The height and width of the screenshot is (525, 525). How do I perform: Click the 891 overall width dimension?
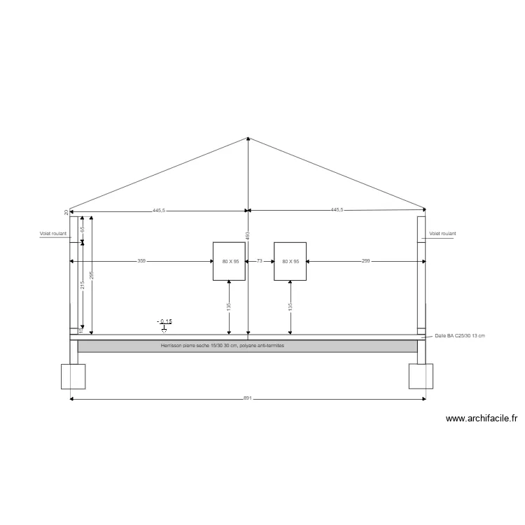click(247, 398)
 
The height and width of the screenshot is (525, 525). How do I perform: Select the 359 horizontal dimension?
click(141, 261)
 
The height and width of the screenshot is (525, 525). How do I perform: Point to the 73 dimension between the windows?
click(260, 261)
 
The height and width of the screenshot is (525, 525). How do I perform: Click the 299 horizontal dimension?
click(366, 261)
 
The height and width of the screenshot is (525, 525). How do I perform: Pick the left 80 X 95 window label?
click(230, 261)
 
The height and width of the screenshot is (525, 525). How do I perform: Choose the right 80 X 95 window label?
click(290, 261)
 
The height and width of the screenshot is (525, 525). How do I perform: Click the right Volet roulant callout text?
click(442, 234)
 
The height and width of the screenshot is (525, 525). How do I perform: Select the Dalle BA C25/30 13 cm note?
click(460, 336)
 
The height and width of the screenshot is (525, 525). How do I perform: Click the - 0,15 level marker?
click(164, 322)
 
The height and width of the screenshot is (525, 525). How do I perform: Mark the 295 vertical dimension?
click(92, 275)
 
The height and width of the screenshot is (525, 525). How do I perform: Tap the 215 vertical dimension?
click(83, 285)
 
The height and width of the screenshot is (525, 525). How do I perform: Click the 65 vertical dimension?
click(83, 229)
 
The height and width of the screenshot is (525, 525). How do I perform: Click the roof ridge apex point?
click(247, 137)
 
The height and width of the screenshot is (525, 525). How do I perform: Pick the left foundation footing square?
click(73, 376)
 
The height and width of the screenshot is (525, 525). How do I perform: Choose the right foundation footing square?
click(421, 376)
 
